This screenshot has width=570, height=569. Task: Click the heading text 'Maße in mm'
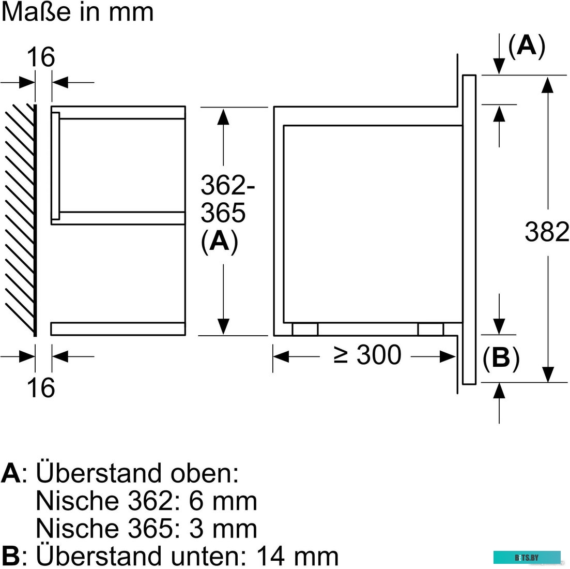click(78, 12)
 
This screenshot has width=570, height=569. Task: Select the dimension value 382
click(547, 232)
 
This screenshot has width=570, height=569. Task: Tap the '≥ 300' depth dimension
click(367, 355)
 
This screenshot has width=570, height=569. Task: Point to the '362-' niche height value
click(228, 185)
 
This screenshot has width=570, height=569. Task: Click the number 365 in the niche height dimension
click(223, 213)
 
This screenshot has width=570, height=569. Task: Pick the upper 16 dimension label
click(41, 57)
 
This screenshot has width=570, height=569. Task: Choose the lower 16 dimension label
click(41, 387)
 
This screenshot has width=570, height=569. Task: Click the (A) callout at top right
click(527, 46)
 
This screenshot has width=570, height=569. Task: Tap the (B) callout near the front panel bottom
click(501, 358)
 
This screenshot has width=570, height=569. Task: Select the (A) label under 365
click(220, 241)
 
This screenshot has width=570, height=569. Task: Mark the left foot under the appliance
click(305, 329)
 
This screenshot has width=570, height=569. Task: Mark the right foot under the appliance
click(430, 329)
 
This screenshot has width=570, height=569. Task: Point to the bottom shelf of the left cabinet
click(118, 328)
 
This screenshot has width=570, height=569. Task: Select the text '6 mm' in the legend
click(223, 501)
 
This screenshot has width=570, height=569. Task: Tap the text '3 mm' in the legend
click(223, 529)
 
